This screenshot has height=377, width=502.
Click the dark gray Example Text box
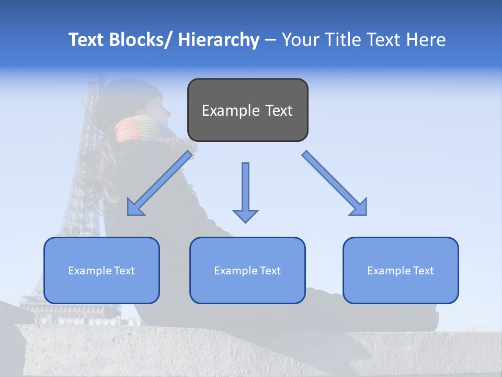point(247,110)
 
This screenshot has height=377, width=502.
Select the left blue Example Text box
point(101,270)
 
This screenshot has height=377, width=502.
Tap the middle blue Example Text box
point(247,270)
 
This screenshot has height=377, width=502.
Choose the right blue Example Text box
point(401,270)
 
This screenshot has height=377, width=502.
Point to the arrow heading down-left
point(160,183)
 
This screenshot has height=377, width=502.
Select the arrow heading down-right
point(335,183)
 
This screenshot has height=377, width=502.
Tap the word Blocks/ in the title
point(141,40)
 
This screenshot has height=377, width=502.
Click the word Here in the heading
point(426,40)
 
